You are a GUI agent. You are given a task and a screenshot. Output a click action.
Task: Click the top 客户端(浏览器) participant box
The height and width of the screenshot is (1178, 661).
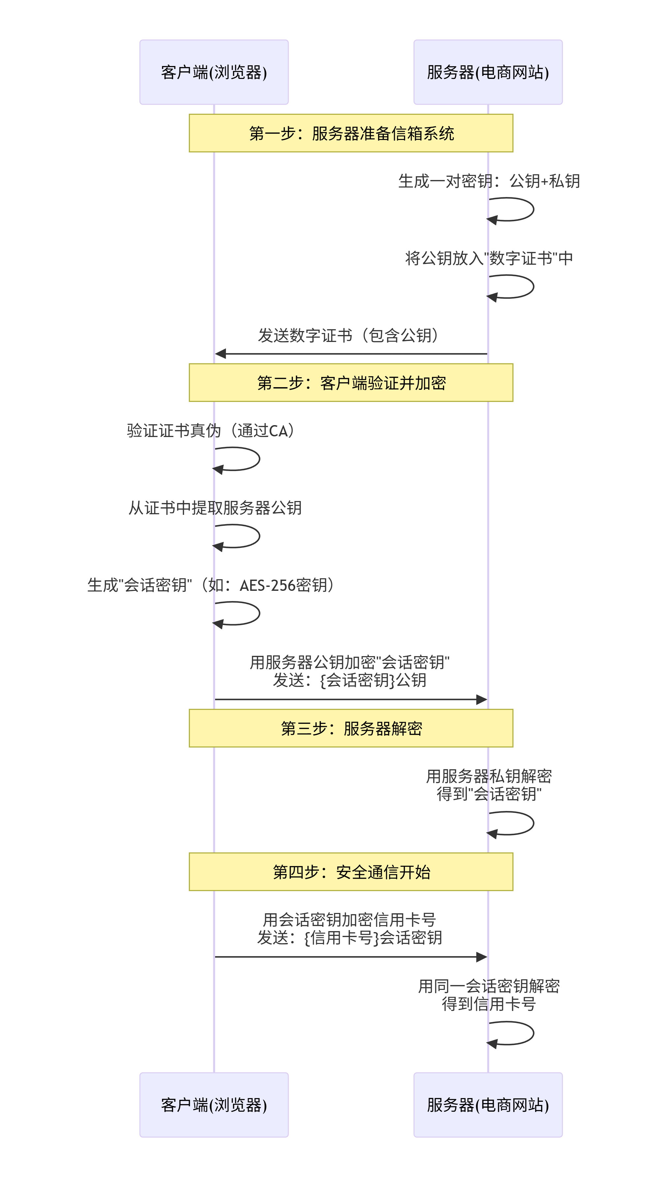(x=214, y=72)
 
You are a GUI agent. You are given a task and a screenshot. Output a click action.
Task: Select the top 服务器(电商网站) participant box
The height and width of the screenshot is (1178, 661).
(x=488, y=72)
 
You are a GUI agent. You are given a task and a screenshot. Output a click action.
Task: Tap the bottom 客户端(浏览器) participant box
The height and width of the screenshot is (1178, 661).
(x=214, y=1104)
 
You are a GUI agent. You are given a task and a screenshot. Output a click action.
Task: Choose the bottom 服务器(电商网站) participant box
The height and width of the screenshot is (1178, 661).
(x=488, y=1104)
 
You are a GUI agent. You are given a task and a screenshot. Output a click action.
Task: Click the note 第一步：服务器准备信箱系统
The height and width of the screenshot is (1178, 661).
(x=351, y=133)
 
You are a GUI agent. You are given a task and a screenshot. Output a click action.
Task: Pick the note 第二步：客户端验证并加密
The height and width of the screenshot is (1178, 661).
(x=351, y=383)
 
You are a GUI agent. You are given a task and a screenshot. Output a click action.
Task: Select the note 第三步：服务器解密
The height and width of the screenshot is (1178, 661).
(x=351, y=728)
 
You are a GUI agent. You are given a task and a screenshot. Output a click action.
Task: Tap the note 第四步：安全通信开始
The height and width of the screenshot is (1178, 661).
(x=351, y=872)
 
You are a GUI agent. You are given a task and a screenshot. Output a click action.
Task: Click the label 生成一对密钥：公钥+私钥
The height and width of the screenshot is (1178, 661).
(x=489, y=181)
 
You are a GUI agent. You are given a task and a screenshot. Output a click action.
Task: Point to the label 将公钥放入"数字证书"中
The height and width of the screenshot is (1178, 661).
(x=489, y=258)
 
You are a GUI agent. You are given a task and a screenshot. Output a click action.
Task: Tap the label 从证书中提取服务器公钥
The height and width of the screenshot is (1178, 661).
(x=215, y=508)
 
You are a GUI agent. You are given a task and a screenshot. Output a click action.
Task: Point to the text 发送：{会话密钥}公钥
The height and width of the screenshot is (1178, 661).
(x=350, y=681)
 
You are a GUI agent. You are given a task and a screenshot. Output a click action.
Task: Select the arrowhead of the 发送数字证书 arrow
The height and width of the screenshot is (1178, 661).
(x=220, y=353)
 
